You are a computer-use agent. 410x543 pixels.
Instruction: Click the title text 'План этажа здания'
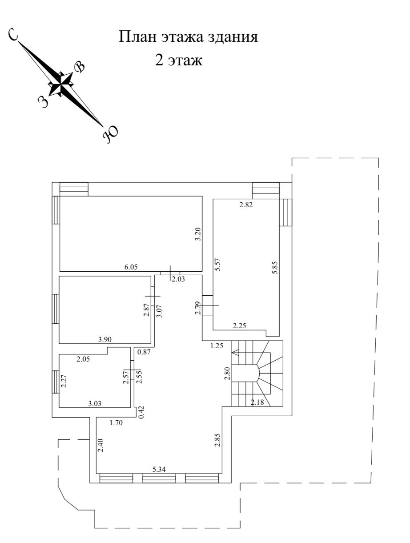pos(188,37)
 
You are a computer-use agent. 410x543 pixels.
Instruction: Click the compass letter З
pos(43,101)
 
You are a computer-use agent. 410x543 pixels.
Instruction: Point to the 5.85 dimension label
pos(275,267)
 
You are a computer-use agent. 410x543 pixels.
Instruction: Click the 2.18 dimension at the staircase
pos(258,403)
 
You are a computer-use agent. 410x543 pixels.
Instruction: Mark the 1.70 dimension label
pos(117,423)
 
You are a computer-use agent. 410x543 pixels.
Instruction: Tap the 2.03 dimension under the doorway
pos(178,279)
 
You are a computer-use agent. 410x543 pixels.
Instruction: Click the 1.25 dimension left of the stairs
pos(217,345)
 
